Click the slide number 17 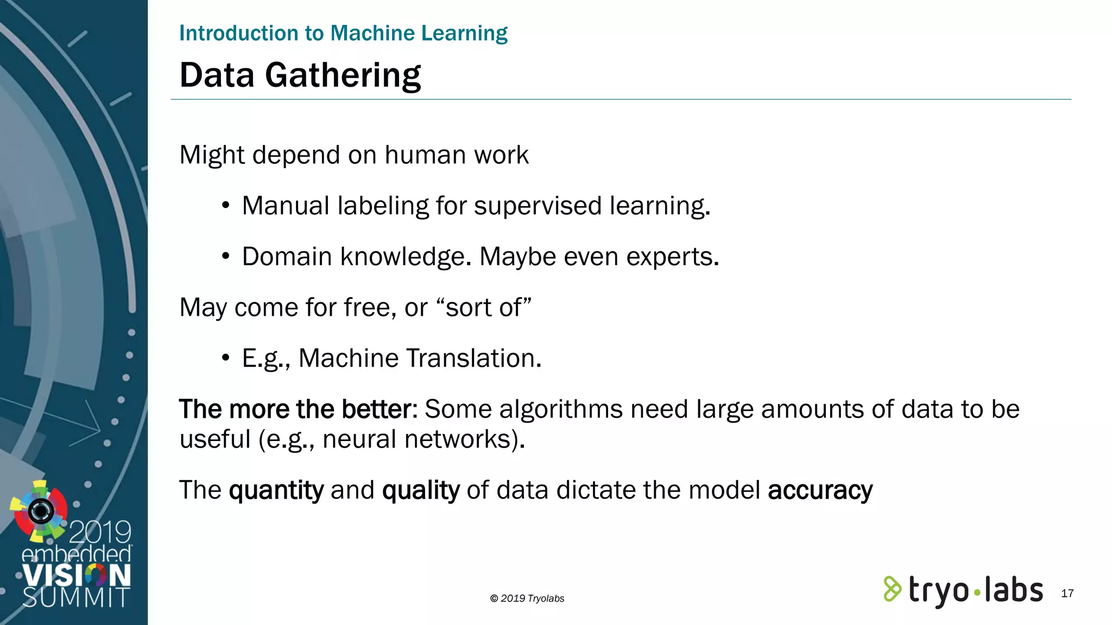1067,594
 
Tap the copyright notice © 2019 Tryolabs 527,598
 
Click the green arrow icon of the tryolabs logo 892,589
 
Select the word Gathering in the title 343,75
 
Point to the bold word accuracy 820,490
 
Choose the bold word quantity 276,490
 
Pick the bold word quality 421,490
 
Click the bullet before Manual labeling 226,206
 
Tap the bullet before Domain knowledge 226,257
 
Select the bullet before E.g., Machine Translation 226,358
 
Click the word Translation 473,358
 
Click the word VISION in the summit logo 77,576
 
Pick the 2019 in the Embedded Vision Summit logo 100,532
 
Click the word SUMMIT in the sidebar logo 76,597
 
